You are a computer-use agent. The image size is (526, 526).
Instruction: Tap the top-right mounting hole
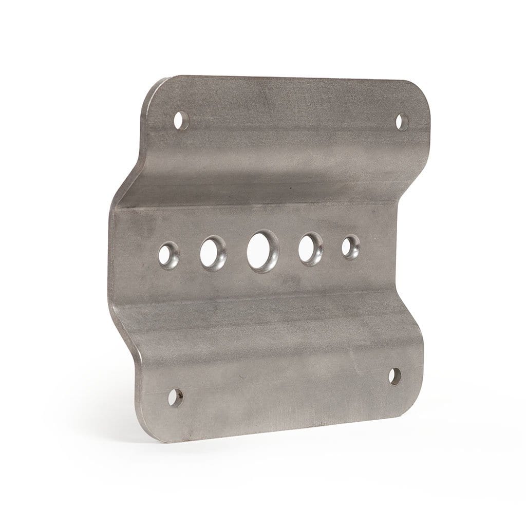(x=402, y=122)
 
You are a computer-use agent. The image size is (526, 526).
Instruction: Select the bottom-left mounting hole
(x=176, y=397)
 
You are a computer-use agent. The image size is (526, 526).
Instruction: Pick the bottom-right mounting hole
(x=394, y=376)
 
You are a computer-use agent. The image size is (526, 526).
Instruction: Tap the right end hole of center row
(x=351, y=247)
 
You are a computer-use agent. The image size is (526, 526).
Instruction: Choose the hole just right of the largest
(x=310, y=249)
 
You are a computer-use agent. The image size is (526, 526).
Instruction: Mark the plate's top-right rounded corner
(x=421, y=92)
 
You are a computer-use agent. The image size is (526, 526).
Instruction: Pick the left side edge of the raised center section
(x=111, y=257)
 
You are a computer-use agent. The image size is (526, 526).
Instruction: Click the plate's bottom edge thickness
(x=283, y=430)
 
